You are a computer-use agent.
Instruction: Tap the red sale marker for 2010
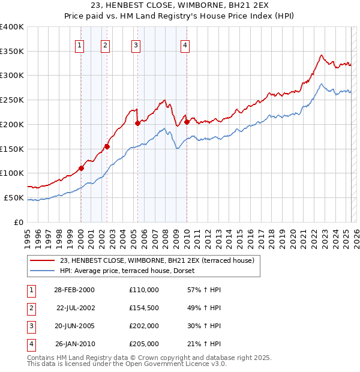tap(187, 122)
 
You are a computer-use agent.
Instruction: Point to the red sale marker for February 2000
tap(81, 169)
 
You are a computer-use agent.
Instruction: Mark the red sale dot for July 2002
tap(107, 146)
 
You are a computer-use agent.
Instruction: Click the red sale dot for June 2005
tap(137, 123)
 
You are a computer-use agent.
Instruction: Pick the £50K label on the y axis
tap(14, 197)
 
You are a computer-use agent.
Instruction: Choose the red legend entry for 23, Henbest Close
tap(157, 260)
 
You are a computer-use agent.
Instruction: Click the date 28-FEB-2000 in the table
tap(74, 290)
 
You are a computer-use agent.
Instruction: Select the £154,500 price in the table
tap(144, 308)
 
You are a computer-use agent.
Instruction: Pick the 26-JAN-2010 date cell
tap(74, 344)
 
